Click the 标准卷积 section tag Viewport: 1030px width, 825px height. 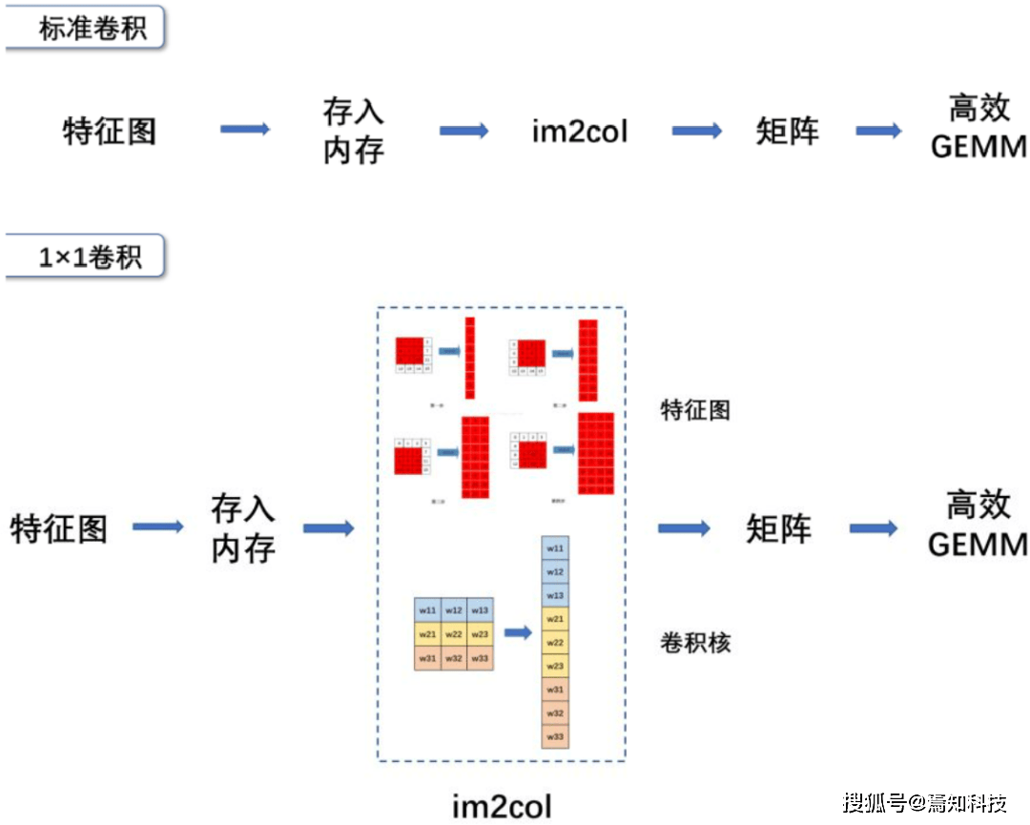pyautogui.click(x=92, y=29)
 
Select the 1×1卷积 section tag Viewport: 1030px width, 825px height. pyautogui.click(x=90, y=258)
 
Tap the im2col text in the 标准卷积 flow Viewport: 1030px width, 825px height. pyautogui.click(x=580, y=131)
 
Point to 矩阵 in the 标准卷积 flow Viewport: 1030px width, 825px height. pyautogui.click(x=787, y=131)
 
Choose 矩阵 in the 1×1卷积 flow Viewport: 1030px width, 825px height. pyautogui.click(x=778, y=528)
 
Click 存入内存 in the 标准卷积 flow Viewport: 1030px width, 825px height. pyautogui.click(x=353, y=131)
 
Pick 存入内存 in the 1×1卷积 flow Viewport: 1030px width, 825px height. pyautogui.click(x=243, y=528)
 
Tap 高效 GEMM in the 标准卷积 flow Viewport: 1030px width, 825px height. pyautogui.click(x=978, y=129)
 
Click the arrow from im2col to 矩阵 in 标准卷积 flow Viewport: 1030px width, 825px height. pyautogui.click(x=697, y=131)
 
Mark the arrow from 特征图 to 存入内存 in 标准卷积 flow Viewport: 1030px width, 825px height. pyautogui.click(x=245, y=129)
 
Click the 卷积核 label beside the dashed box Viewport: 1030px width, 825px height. pyautogui.click(x=695, y=643)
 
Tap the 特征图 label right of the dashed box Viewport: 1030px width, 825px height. pyautogui.click(x=695, y=410)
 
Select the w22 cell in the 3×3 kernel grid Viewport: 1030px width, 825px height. pyautogui.click(x=454, y=634)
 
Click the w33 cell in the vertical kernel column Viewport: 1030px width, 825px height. pyautogui.click(x=555, y=736)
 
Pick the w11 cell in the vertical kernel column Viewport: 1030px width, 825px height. pyautogui.click(x=555, y=549)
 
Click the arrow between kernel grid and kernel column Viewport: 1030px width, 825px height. pyautogui.click(x=517, y=632)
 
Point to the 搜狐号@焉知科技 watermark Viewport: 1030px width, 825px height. pyautogui.click(x=924, y=802)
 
